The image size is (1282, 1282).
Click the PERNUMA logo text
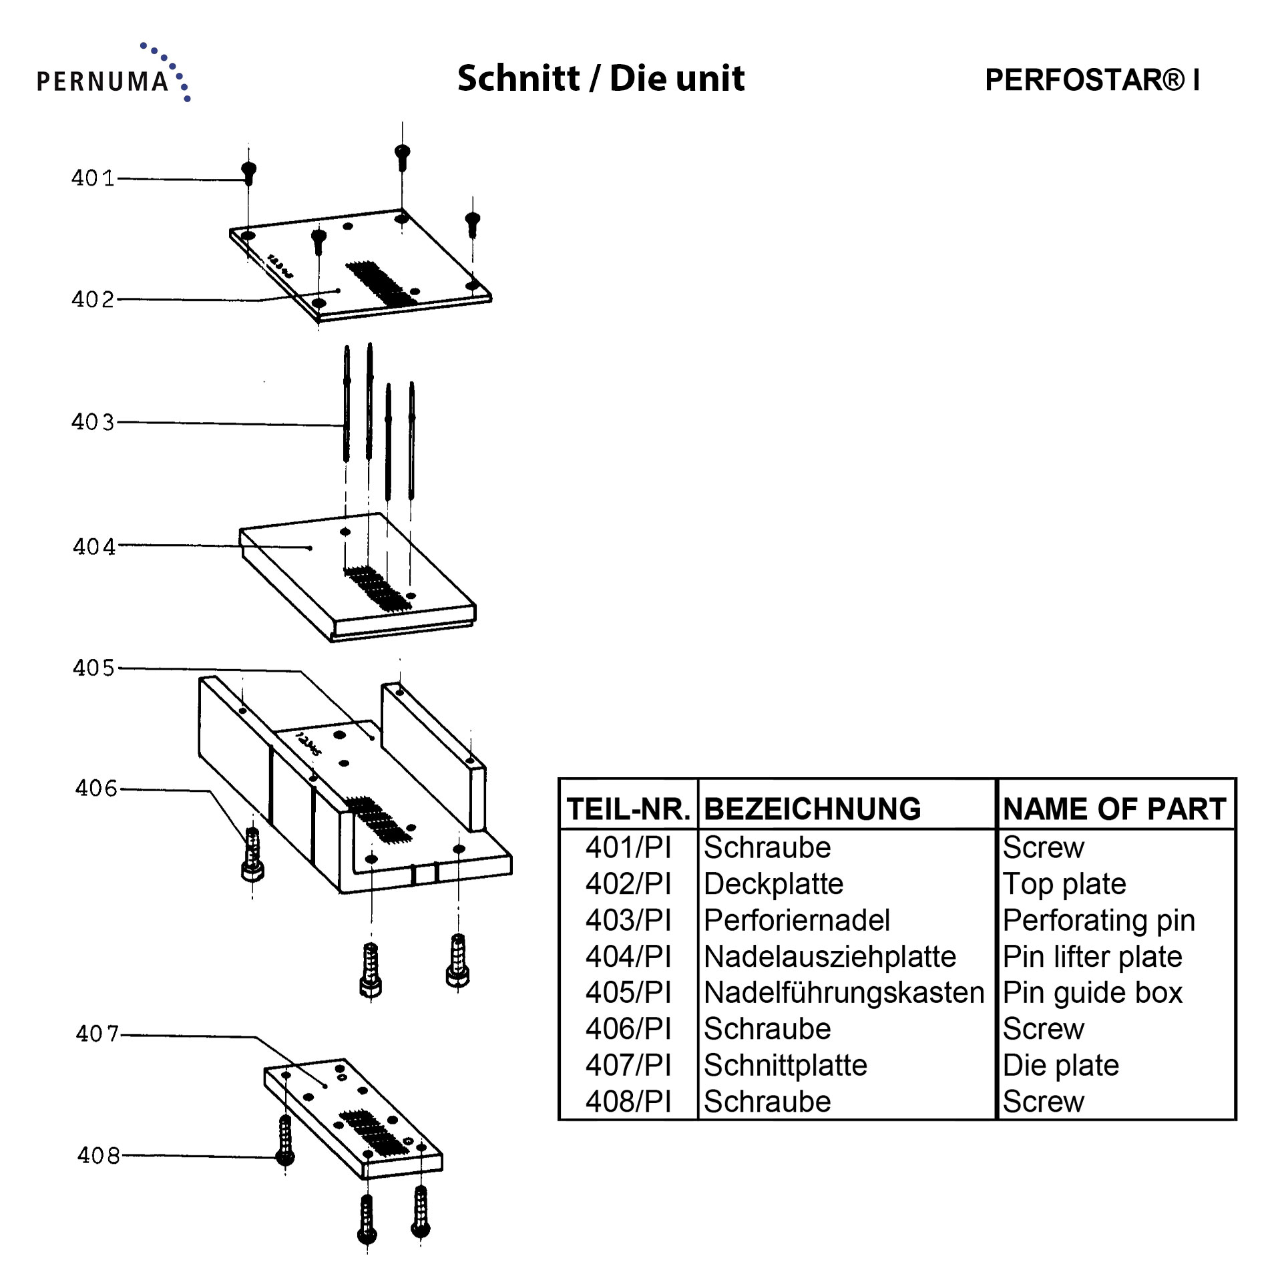click(103, 81)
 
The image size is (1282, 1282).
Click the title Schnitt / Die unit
click(600, 79)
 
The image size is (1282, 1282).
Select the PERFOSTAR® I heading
click(1092, 80)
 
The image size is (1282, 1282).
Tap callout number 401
click(93, 178)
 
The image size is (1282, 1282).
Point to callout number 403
click(93, 422)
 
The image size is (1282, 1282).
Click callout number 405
click(93, 668)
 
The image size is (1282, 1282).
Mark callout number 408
click(98, 1155)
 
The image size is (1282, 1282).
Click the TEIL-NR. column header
click(628, 809)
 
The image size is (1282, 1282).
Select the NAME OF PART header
click(1114, 809)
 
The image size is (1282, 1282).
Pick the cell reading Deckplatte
click(773, 884)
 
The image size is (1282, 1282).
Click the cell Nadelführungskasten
click(844, 993)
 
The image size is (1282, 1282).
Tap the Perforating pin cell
click(1098, 920)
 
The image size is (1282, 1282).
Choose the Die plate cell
click(1060, 1066)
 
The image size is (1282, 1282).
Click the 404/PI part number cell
click(628, 957)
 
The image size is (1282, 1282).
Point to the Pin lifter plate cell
click(1092, 957)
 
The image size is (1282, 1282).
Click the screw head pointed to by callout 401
click(248, 172)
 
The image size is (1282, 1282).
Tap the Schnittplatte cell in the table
click(785, 1066)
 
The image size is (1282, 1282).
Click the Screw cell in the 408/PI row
click(1043, 1102)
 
